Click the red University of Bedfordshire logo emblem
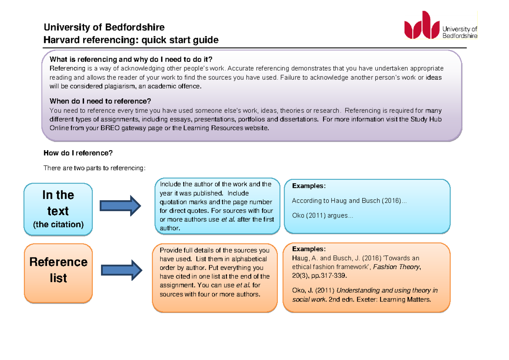(x=422, y=25)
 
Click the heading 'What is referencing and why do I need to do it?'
(x=131, y=59)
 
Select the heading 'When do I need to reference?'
(x=100, y=101)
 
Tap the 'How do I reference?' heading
(x=78, y=153)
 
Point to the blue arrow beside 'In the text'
(x=120, y=206)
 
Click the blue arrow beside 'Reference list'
(x=122, y=270)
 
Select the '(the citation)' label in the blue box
(x=59, y=224)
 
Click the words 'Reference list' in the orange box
(x=59, y=270)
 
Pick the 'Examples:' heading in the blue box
(x=309, y=186)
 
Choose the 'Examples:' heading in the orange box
(x=309, y=249)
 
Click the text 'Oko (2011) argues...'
(x=323, y=215)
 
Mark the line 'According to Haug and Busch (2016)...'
(x=349, y=201)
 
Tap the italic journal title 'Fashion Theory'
(x=396, y=267)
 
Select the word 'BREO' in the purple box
(x=110, y=128)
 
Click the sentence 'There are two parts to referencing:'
(x=95, y=168)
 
